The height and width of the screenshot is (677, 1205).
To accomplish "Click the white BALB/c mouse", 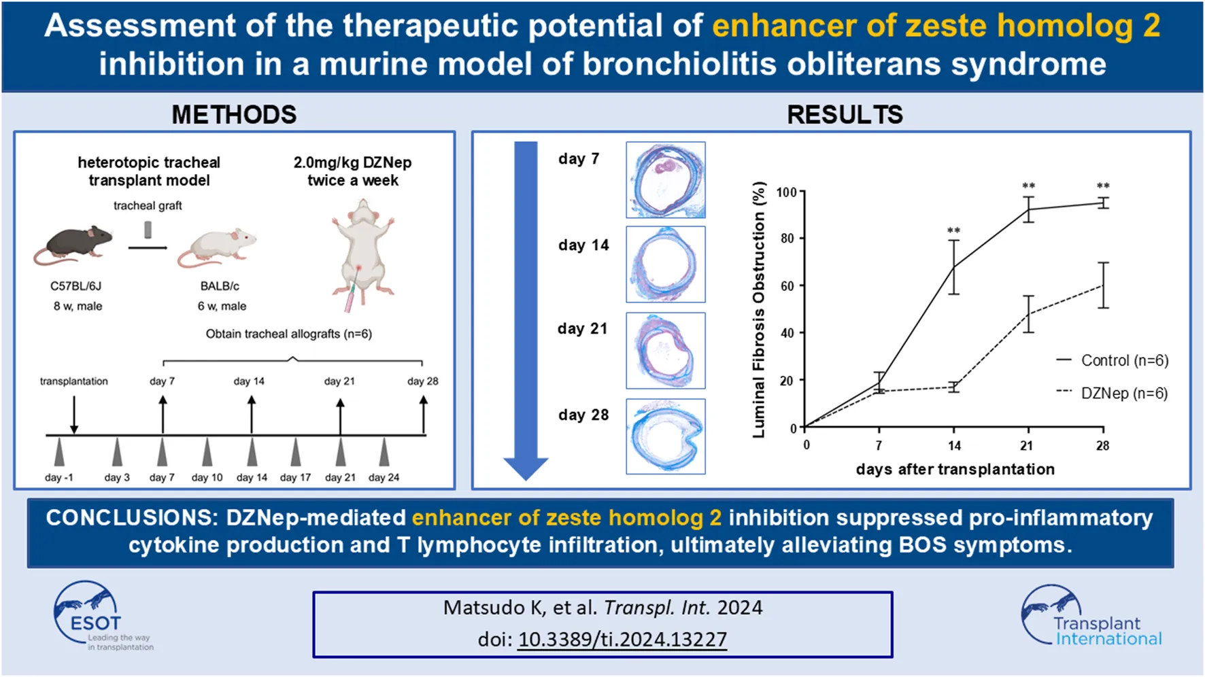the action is (218, 249).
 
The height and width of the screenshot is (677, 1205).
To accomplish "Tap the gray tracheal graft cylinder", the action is (148, 230).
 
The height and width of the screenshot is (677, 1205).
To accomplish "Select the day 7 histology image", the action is (666, 179).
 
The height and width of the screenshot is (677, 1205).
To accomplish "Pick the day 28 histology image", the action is (666, 436).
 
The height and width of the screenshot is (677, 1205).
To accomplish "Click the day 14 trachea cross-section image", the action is (666, 264).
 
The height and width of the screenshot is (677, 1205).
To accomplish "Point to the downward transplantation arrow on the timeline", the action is (74, 414).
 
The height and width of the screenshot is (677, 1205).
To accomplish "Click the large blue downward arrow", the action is (526, 310).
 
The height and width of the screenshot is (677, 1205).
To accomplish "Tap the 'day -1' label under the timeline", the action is (59, 477).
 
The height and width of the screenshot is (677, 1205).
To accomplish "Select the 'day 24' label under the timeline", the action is (384, 477).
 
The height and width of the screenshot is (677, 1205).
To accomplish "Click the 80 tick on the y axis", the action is (787, 239).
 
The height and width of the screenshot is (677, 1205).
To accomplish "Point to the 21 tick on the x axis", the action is (1027, 446).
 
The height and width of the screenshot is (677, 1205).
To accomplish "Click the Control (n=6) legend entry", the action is (1113, 360).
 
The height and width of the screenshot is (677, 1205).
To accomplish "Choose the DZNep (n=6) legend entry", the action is (1113, 393).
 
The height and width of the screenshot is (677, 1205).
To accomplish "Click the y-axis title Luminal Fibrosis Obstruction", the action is (759, 310).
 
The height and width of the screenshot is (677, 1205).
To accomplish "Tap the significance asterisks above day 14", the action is (954, 231).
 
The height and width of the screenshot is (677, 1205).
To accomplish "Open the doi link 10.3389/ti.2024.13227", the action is (622, 639).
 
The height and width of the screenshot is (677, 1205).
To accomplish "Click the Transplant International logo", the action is (1091, 616).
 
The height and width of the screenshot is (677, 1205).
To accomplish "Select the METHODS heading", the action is (234, 114).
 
